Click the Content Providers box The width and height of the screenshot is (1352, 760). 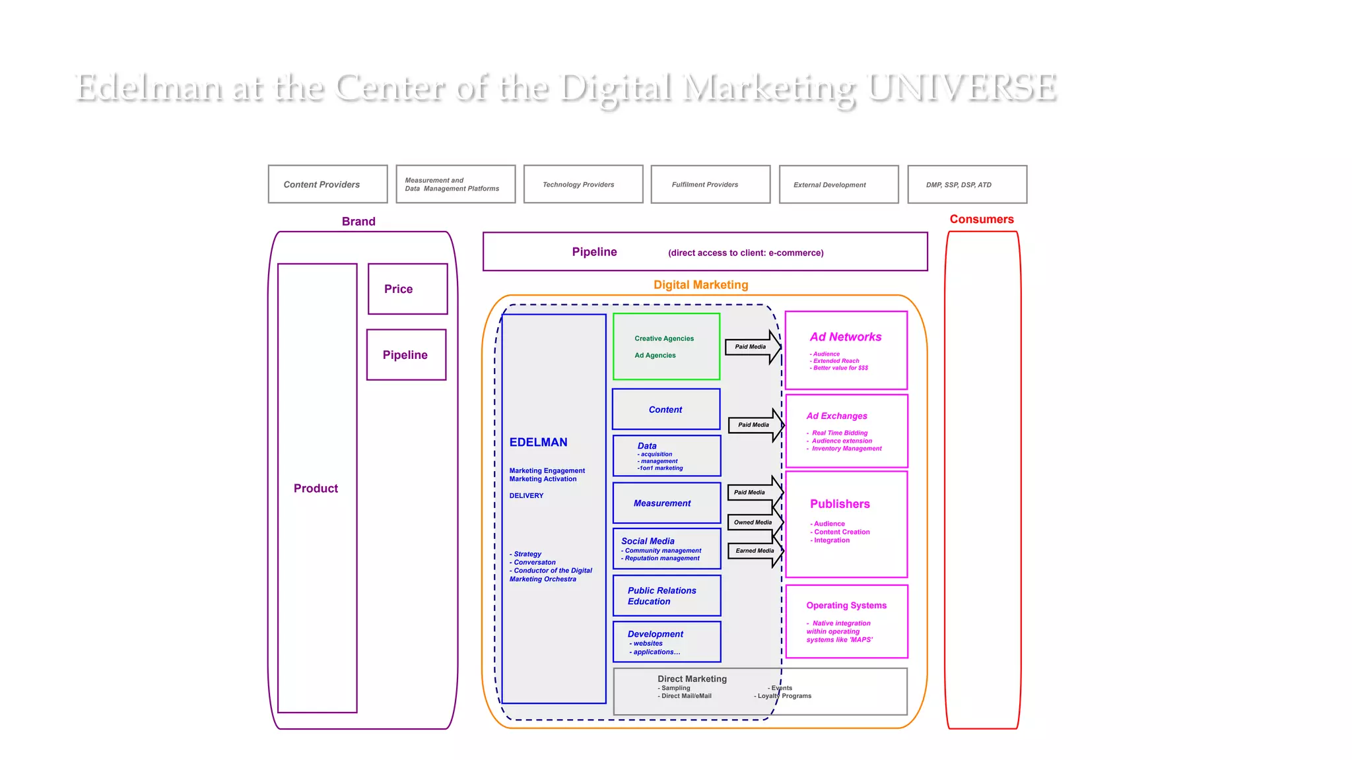click(x=327, y=184)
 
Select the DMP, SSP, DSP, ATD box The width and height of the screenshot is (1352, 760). click(x=966, y=185)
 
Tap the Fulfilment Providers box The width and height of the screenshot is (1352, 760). click(x=710, y=185)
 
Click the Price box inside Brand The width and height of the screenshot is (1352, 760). click(x=407, y=289)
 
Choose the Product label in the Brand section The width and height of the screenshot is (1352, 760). click(x=316, y=488)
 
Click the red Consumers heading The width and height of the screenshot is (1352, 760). click(x=981, y=219)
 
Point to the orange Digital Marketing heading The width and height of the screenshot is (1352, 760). click(x=700, y=285)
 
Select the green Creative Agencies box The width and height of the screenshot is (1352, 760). click(x=666, y=346)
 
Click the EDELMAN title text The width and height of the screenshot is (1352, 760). click(x=538, y=442)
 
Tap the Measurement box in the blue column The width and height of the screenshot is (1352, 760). click(x=666, y=503)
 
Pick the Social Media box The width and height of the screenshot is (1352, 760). click(x=666, y=548)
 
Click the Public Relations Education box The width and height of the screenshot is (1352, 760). click(x=666, y=596)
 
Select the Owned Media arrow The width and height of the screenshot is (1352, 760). click(x=753, y=522)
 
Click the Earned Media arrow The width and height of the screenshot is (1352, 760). click(x=755, y=551)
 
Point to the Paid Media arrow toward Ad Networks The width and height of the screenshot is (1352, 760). click(x=751, y=347)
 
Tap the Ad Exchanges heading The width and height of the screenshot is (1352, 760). click(x=836, y=416)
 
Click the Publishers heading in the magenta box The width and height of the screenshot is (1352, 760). click(x=840, y=504)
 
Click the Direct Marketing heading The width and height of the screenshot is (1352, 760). click(x=692, y=679)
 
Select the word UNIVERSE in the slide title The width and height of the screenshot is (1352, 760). click(x=962, y=88)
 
